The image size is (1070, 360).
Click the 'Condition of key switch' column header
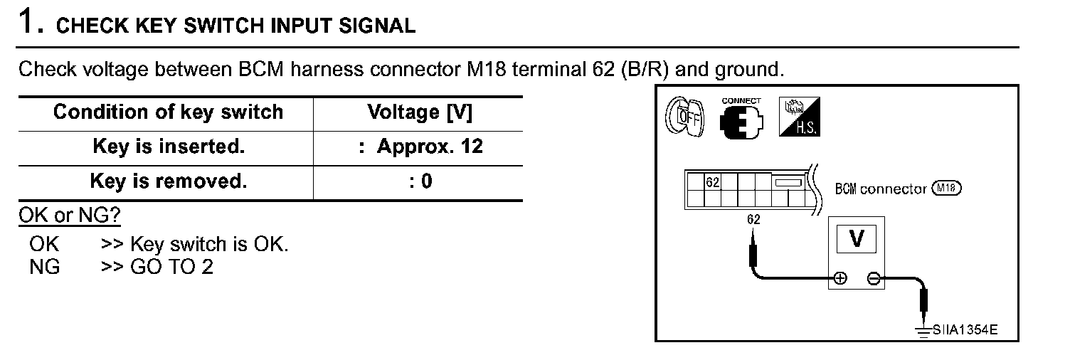pos(168,112)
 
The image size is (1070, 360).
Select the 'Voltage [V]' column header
pos(420,112)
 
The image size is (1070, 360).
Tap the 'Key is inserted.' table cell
pos(169,147)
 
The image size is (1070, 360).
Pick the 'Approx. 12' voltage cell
pos(429,147)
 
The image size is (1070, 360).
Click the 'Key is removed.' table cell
pos(169,181)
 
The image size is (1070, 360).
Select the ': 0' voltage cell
pos(421,181)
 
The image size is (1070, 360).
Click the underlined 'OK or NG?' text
pos(69,216)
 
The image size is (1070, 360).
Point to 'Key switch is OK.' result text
pos(210,244)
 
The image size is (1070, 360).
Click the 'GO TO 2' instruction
pos(172,267)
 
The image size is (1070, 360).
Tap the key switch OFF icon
pos(685,117)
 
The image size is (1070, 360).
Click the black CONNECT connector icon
pos(741,122)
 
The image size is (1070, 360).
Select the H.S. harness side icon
pos(799,117)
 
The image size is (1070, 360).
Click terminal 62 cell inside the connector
pos(712,181)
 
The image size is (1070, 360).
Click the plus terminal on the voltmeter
pos(840,279)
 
